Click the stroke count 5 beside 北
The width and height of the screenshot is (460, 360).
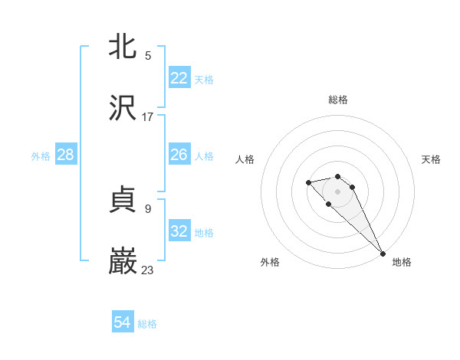[148, 55]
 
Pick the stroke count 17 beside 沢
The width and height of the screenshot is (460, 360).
[148, 116]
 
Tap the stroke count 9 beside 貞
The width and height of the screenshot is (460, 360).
[148, 208]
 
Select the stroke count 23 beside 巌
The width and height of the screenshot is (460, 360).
[148, 270]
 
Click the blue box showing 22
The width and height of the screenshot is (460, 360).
[179, 78]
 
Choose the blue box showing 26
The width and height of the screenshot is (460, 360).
[179, 155]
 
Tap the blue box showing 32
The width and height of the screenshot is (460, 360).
[179, 231]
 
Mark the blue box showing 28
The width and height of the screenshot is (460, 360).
[66, 155]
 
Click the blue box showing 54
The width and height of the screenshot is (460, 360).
[123, 323]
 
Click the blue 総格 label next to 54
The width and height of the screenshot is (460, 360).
[147, 324]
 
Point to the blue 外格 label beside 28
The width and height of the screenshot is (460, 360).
[41, 156]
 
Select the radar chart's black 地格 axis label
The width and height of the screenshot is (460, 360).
[402, 262]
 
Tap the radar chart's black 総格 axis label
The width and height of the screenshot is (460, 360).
[338, 100]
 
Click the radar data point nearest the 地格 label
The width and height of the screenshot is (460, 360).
[383, 254]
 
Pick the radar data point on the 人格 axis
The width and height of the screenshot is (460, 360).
[308, 182]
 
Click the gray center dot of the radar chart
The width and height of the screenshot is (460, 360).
[338, 191]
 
